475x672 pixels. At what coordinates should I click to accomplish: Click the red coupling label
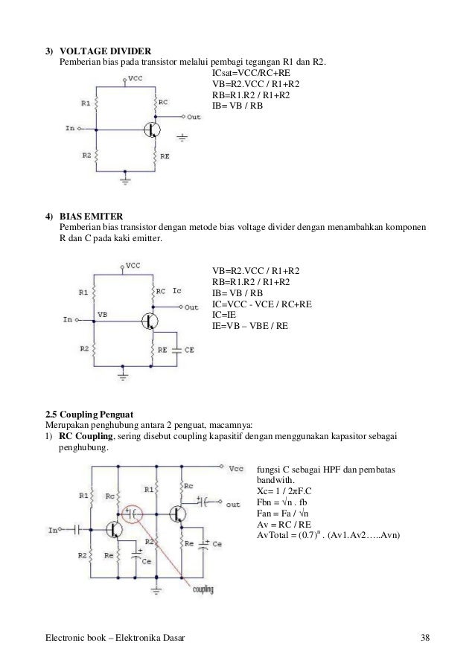(203, 590)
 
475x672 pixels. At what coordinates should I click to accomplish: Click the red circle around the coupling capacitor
(135, 513)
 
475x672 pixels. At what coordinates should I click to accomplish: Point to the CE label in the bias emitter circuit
(189, 349)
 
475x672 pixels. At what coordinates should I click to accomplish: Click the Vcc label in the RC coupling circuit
(235, 469)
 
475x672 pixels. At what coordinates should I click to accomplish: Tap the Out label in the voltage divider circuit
(194, 118)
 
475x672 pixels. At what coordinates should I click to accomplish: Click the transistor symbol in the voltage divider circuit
(151, 129)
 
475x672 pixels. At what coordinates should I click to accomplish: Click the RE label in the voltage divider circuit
(164, 158)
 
